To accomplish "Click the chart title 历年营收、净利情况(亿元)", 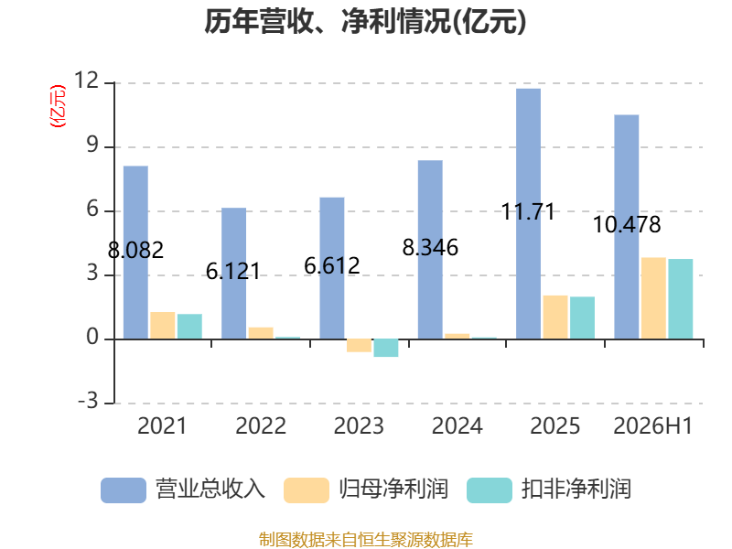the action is click(365, 21).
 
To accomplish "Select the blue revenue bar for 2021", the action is click(135, 253).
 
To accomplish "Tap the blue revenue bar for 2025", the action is click(529, 214).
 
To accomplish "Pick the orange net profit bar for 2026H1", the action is click(653, 298).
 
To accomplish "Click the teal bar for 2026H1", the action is click(681, 299).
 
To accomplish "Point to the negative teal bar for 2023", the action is click(386, 348).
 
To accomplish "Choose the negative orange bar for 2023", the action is click(359, 346).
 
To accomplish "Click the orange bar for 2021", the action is click(163, 326).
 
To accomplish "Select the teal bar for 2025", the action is click(582, 318).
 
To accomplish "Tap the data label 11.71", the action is click(528, 212).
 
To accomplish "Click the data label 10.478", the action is click(627, 224).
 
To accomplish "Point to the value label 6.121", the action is click(233, 271).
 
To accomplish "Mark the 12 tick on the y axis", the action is click(86, 81).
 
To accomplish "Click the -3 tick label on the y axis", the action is click(88, 401).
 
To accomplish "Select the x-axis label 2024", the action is click(457, 425).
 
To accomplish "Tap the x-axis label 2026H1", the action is click(653, 425).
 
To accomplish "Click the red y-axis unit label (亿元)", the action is click(58, 106).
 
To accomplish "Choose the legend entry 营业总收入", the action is click(210, 490).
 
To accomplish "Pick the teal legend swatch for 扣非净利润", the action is click(490, 490).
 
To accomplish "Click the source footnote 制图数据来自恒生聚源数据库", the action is click(366, 540).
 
